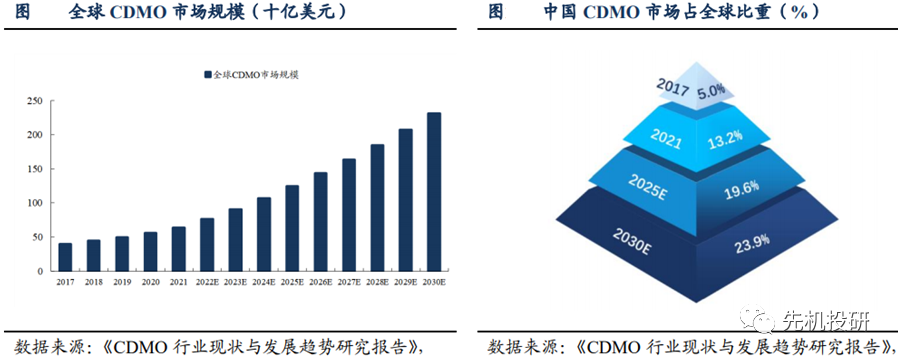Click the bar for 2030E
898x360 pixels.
(434, 191)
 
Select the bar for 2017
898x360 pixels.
(65, 257)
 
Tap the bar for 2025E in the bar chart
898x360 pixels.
(292, 228)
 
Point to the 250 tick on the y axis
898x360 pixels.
(34, 100)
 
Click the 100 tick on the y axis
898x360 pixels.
(34, 203)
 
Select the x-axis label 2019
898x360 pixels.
(121, 284)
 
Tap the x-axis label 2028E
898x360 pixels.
(377, 284)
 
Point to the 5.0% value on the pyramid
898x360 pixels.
(711, 91)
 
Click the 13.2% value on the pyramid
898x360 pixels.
(726, 136)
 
